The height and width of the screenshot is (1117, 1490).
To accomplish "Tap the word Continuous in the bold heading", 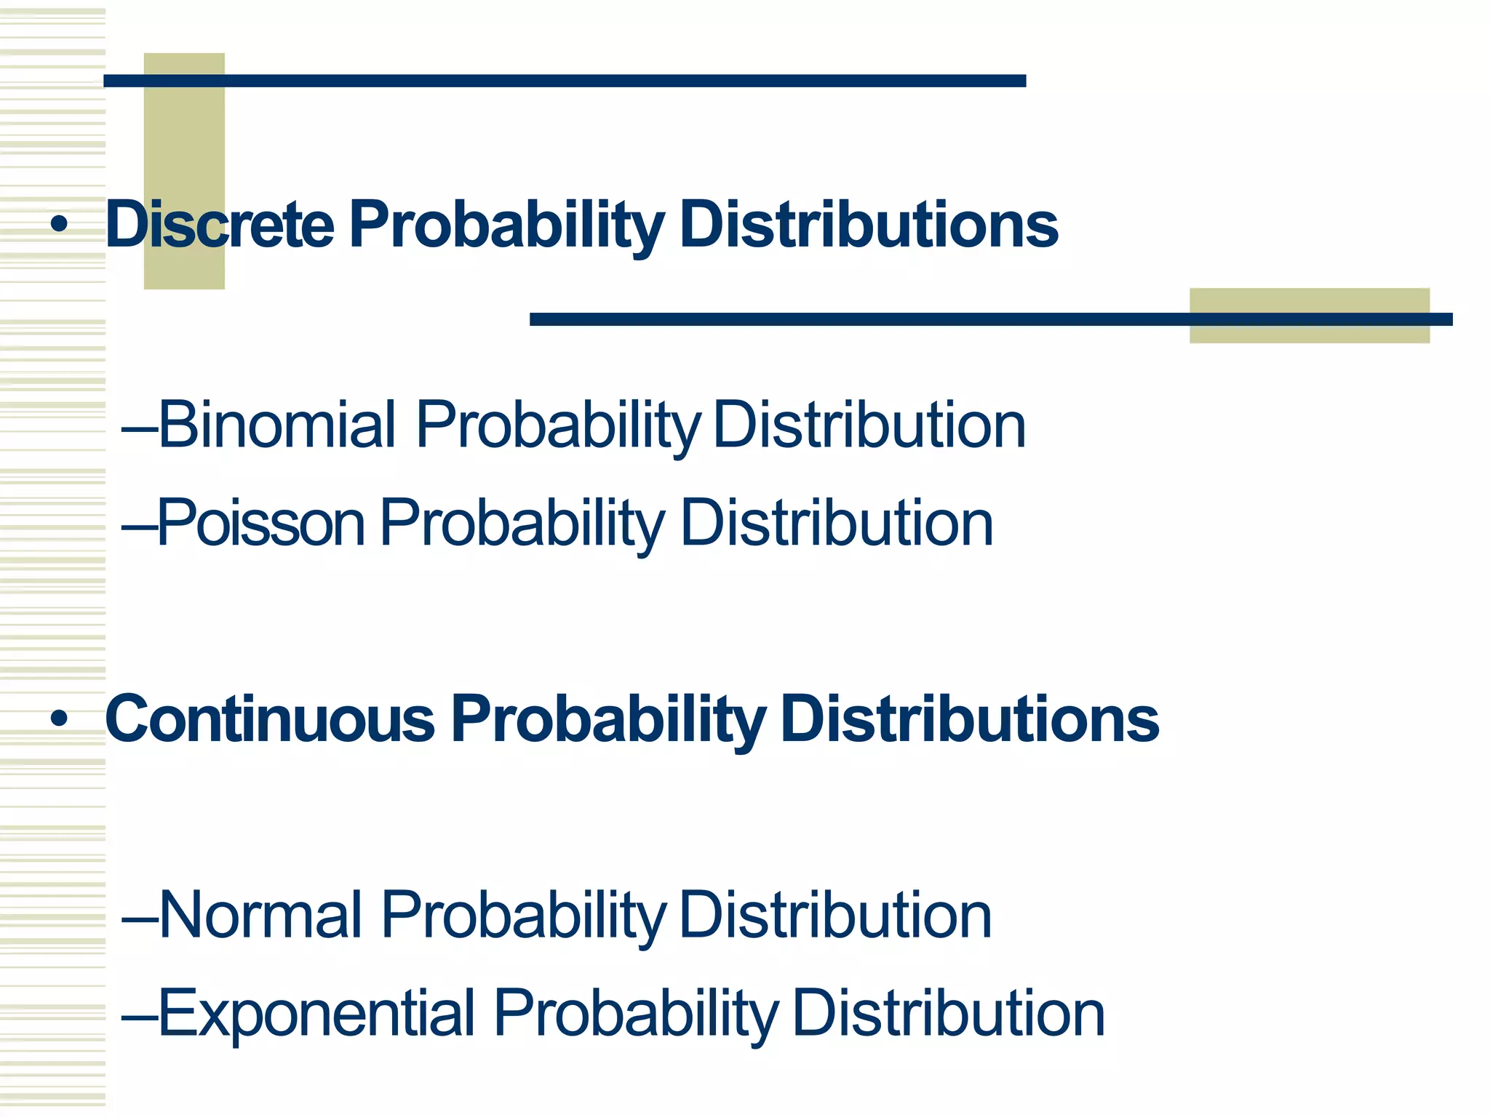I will tap(270, 719).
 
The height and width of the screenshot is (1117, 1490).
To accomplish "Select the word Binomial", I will tap(277, 425).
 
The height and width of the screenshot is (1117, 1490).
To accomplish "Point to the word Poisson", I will tap(261, 523).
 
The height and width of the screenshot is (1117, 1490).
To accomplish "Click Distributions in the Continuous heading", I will tap(969, 719).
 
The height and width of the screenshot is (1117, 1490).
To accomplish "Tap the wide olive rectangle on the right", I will tap(1309, 335).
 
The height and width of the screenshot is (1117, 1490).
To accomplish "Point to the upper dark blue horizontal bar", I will tap(565, 81).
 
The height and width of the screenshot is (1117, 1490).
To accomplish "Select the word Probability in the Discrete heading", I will tap(506, 225).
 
